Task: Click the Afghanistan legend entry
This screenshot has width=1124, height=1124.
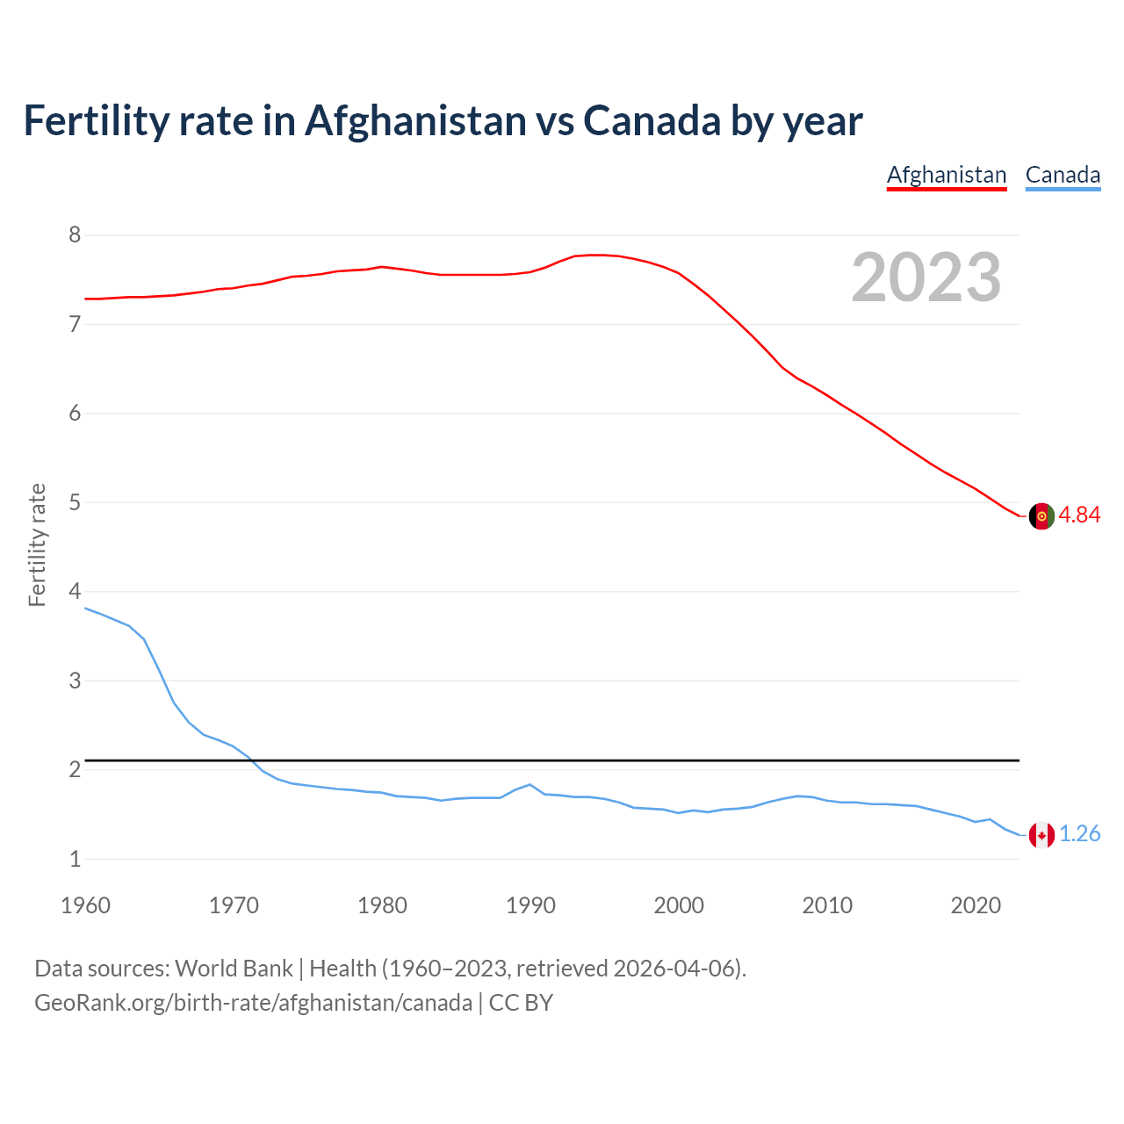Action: pyautogui.click(x=946, y=175)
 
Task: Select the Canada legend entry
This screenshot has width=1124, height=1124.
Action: pyautogui.click(x=1063, y=175)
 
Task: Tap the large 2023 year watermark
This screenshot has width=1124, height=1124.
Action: pyautogui.click(x=926, y=277)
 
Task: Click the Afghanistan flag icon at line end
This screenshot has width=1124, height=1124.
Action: pyautogui.click(x=1041, y=515)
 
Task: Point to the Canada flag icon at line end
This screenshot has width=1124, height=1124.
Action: pyautogui.click(x=1041, y=835)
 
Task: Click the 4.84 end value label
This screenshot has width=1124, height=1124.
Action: pyautogui.click(x=1079, y=515)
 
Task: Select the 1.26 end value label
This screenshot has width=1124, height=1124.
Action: pyautogui.click(x=1079, y=834)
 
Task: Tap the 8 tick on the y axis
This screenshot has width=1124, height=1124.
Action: pyautogui.click(x=75, y=235)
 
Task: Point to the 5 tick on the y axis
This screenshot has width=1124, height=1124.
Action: pyautogui.click(x=75, y=503)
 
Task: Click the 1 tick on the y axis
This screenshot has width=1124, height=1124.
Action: pyautogui.click(x=75, y=860)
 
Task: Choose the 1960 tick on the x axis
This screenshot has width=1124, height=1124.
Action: pyautogui.click(x=85, y=905)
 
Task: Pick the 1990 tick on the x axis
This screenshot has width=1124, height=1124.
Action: pyautogui.click(x=530, y=905)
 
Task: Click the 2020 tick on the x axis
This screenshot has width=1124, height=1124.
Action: pyautogui.click(x=976, y=905)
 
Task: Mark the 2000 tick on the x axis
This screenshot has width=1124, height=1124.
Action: pyautogui.click(x=679, y=905)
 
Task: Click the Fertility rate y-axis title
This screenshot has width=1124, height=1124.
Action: pyautogui.click(x=37, y=545)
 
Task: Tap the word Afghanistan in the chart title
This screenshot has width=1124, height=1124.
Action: pyautogui.click(x=415, y=121)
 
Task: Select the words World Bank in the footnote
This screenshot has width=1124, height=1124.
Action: pyautogui.click(x=234, y=969)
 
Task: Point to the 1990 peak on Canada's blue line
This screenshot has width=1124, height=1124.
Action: pyautogui.click(x=530, y=784)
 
